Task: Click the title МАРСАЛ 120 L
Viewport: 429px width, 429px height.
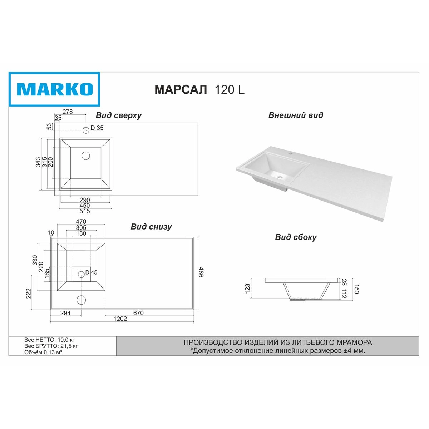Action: pyautogui.click(x=199, y=89)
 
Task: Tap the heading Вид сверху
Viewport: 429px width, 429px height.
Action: pyautogui.click(x=119, y=116)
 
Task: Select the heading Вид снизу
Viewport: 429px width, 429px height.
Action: pyautogui.click(x=151, y=227)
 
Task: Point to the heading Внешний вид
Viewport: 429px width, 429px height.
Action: pyautogui.click(x=296, y=115)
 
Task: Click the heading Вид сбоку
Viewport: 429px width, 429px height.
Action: pyautogui.click(x=296, y=237)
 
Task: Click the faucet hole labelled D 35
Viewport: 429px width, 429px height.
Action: pyautogui.click(x=86, y=130)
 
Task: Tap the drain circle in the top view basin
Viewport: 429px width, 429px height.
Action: pyautogui.click(x=86, y=156)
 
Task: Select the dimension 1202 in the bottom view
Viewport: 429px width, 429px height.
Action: pyautogui.click(x=120, y=319)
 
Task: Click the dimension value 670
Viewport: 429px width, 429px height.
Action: pyautogui.click(x=138, y=313)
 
